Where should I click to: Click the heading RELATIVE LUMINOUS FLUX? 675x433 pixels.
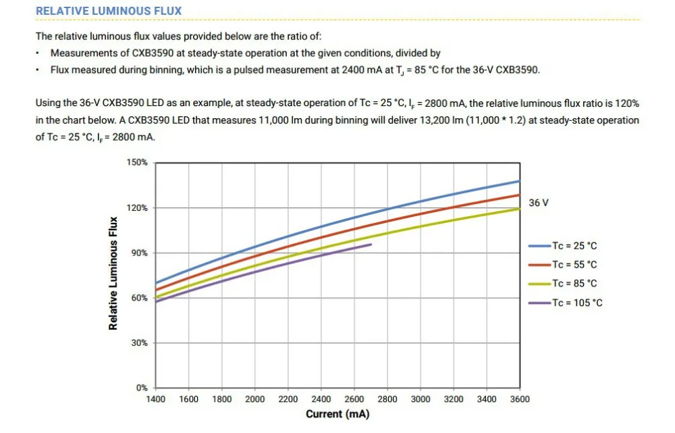(x=109, y=11)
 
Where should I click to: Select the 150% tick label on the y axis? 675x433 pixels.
(x=137, y=162)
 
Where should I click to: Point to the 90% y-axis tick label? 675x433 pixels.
(x=140, y=253)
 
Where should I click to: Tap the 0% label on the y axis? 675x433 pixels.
(x=142, y=388)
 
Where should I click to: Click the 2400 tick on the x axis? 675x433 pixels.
(x=321, y=399)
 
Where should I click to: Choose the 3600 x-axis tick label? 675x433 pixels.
(x=520, y=399)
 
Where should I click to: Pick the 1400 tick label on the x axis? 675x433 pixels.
(x=155, y=399)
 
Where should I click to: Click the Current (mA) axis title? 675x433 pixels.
(x=337, y=414)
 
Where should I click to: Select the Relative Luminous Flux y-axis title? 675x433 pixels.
(x=113, y=274)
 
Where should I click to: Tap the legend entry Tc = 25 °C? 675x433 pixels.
(x=563, y=246)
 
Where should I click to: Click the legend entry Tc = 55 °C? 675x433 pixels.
(x=563, y=265)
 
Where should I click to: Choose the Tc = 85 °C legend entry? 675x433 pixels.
(x=563, y=284)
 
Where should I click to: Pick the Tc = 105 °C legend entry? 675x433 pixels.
(x=565, y=303)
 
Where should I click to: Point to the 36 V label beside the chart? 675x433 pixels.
(x=539, y=203)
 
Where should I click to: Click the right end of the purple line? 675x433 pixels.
(x=371, y=245)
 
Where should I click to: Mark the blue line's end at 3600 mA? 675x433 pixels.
(x=520, y=182)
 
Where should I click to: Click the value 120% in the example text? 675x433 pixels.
(x=627, y=103)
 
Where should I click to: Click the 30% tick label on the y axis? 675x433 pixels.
(x=140, y=343)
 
